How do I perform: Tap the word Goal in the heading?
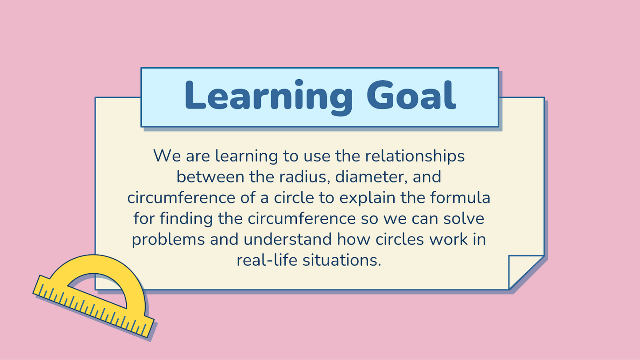[x=411, y=95]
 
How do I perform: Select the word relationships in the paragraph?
[x=415, y=156]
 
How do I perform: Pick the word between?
[x=210, y=177]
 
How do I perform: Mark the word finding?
[x=186, y=219]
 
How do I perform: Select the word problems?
[x=168, y=240]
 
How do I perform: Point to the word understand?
[x=288, y=239]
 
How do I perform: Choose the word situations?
[x=342, y=260]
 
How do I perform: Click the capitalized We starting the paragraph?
[x=167, y=156]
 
